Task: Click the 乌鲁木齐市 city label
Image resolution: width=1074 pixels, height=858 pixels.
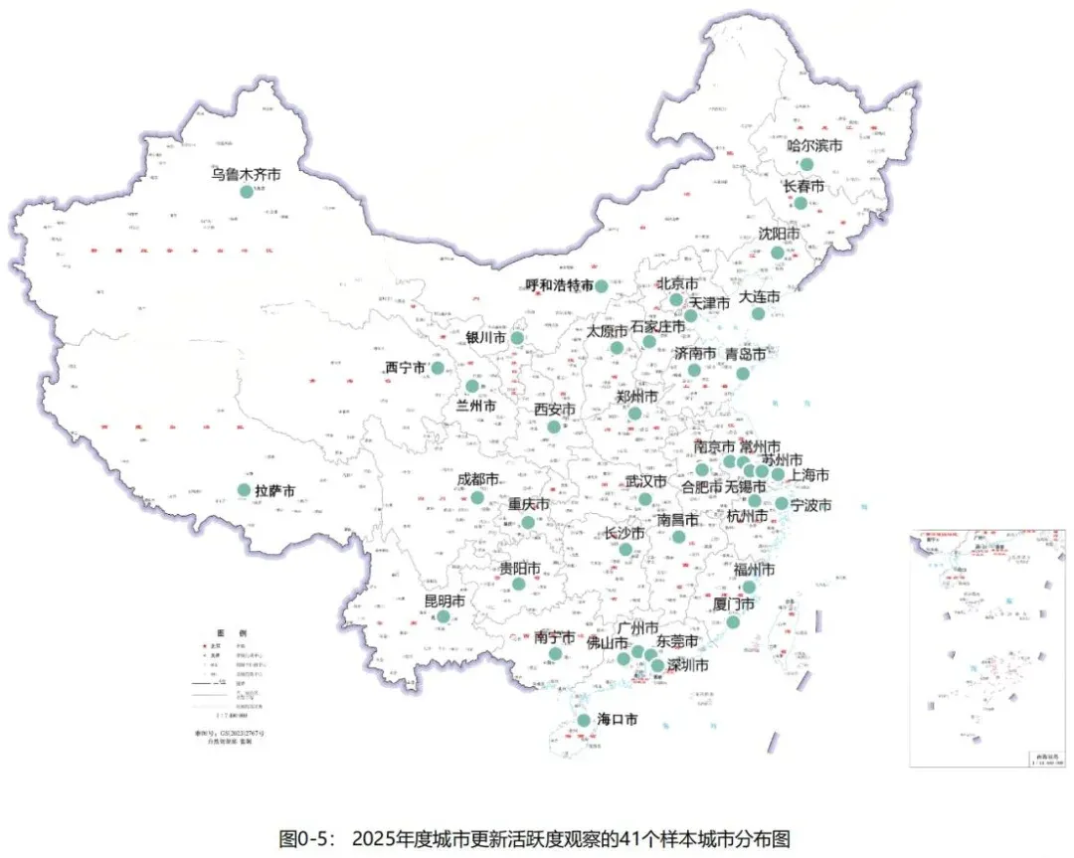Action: click(x=246, y=174)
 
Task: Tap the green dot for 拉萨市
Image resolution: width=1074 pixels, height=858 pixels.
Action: click(x=244, y=490)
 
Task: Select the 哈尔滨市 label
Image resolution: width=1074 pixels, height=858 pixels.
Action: click(x=814, y=145)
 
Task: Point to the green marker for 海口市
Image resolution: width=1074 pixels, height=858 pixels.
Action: click(x=584, y=720)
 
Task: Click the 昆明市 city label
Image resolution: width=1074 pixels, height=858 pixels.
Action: click(x=445, y=601)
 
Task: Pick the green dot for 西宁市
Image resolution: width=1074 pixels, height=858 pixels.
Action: click(x=438, y=368)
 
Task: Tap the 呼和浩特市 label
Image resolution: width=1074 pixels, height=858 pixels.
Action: click(x=560, y=285)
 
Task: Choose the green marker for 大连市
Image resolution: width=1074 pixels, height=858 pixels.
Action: click(x=758, y=314)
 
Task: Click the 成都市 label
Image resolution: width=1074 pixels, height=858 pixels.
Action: click(x=477, y=479)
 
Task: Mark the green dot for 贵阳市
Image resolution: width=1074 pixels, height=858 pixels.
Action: click(x=519, y=584)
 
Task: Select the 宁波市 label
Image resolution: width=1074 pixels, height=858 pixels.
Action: click(x=810, y=505)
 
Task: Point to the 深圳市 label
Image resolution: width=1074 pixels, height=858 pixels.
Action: click(x=687, y=665)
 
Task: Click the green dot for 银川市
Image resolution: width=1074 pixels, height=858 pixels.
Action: click(x=517, y=338)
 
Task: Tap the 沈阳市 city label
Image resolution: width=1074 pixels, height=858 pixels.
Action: click(x=779, y=234)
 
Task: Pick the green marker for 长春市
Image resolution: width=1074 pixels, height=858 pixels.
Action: click(x=801, y=203)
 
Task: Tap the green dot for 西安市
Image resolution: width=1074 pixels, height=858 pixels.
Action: click(x=554, y=427)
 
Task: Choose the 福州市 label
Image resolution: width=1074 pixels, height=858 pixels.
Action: click(x=753, y=570)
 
